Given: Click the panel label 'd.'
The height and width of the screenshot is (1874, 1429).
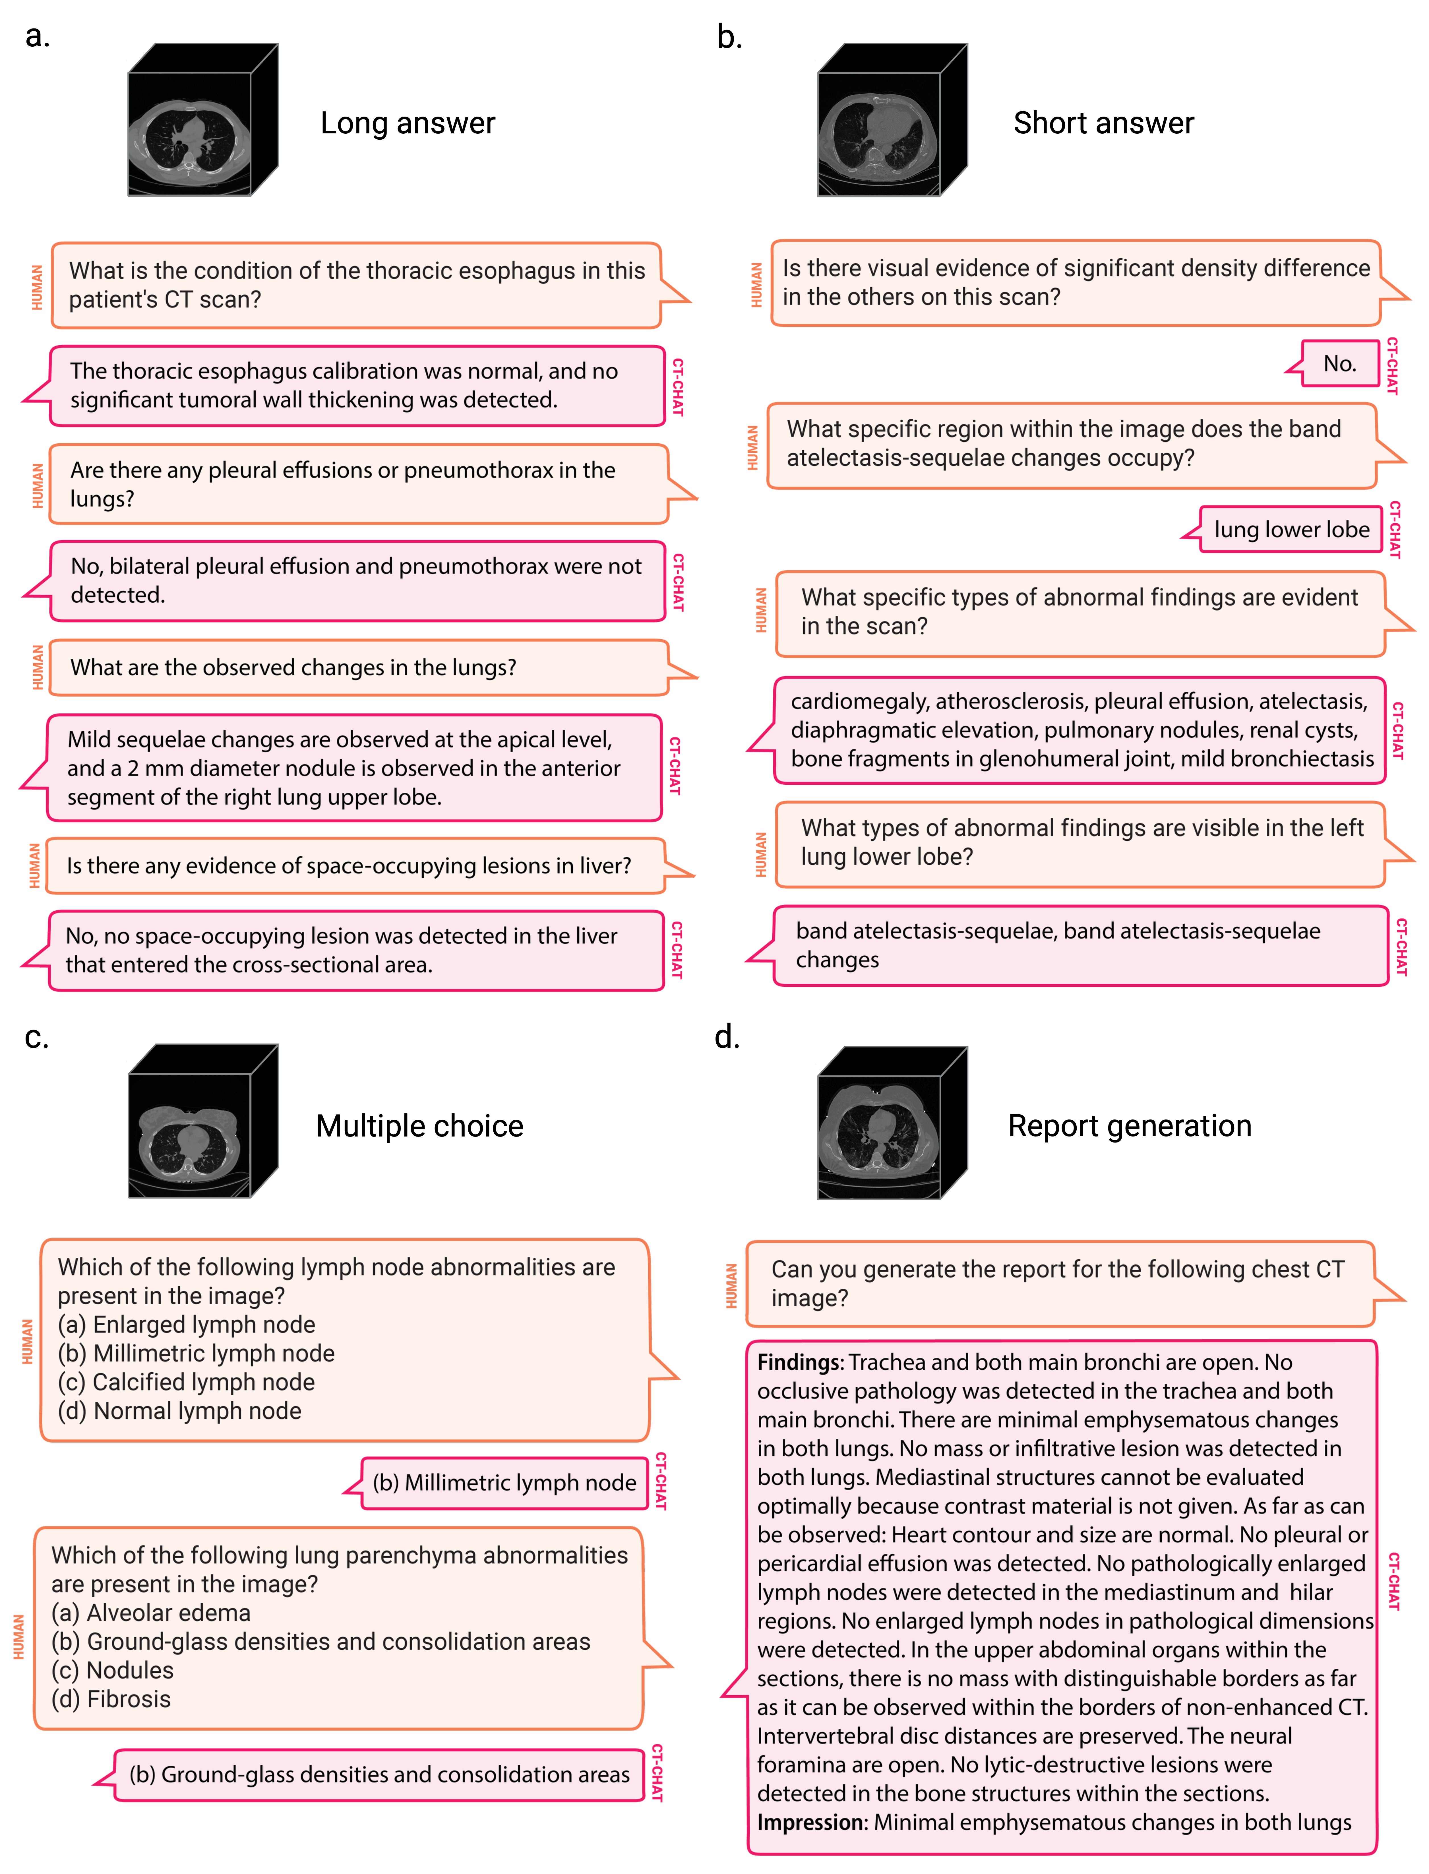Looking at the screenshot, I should coord(727,1038).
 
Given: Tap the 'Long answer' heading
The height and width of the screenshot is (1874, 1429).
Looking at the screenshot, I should coord(408,123).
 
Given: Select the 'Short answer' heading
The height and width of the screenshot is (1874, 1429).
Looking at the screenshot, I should coord(1103,123).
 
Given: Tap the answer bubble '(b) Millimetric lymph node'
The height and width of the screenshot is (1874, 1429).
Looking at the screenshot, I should coord(504,1483).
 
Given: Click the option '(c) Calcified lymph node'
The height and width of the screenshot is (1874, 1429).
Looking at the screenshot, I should coord(186,1382).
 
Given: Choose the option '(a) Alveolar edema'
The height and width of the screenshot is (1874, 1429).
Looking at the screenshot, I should coord(151,1613).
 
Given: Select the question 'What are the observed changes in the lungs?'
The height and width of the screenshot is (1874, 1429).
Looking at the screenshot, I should coord(293,668).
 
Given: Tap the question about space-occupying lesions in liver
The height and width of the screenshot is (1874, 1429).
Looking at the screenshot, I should coord(349,866).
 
